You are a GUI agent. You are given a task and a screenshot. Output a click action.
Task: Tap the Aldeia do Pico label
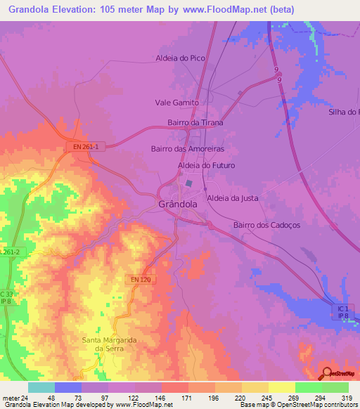click(x=180, y=58)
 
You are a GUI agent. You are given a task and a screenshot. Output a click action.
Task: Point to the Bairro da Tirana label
click(x=195, y=123)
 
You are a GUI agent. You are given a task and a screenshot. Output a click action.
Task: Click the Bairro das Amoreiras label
click(x=187, y=149)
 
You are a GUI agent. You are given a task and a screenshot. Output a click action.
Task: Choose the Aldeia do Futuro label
click(x=206, y=165)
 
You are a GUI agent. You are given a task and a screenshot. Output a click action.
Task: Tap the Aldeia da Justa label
click(x=232, y=198)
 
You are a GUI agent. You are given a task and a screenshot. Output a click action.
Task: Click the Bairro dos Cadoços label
click(x=266, y=225)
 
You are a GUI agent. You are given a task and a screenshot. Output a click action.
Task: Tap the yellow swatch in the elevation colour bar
click(x=281, y=387)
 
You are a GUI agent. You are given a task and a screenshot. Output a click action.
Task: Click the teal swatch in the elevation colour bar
click(x=41, y=387)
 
